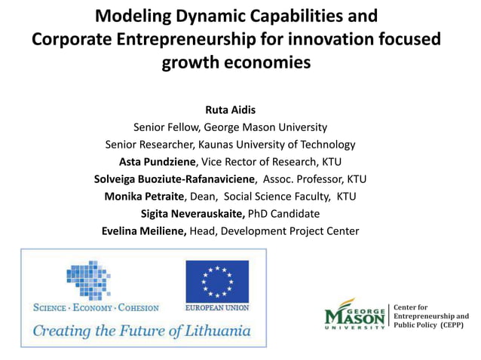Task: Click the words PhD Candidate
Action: click(x=289, y=214)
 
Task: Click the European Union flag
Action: click(x=217, y=280)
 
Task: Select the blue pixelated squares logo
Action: click(x=88, y=280)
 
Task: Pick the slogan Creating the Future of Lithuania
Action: click(x=141, y=331)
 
